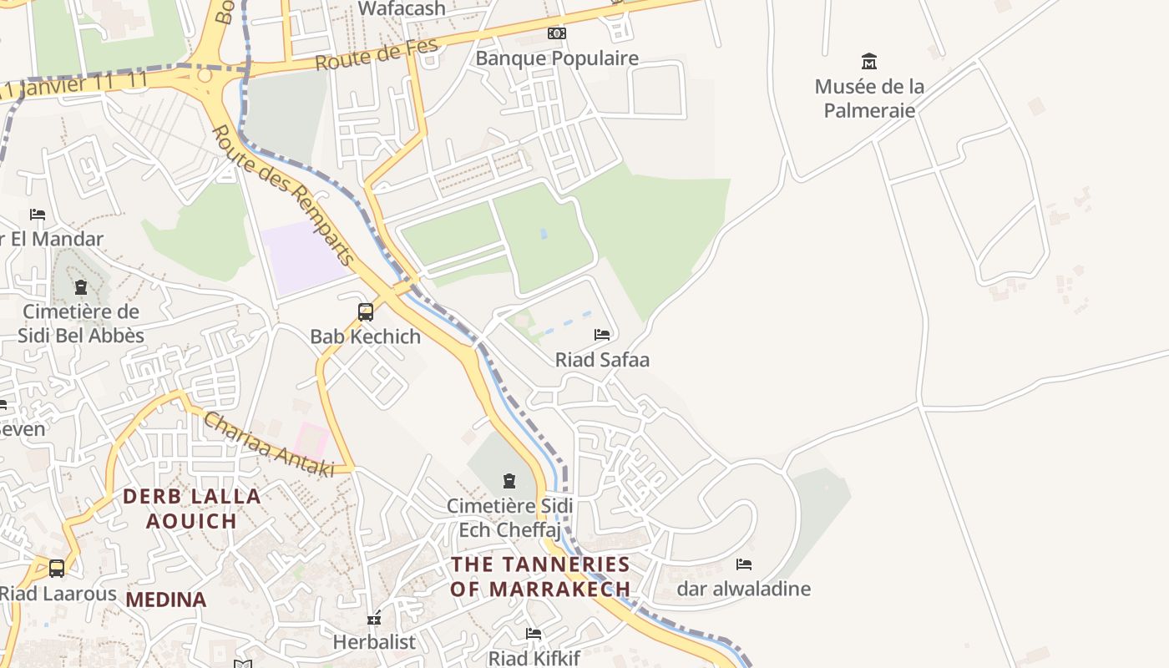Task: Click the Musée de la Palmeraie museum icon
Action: point(869,61)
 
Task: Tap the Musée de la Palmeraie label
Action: point(869,99)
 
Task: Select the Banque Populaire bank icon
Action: point(557,33)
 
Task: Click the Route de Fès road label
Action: point(377,54)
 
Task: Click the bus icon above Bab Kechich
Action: point(366,312)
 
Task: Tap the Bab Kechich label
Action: point(366,337)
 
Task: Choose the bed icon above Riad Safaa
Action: point(602,335)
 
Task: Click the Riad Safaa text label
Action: point(602,360)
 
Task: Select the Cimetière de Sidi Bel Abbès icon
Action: point(81,287)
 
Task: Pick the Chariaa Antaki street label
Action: point(268,445)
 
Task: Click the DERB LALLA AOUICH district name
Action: point(192,509)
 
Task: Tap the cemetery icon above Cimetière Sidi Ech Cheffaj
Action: point(509,481)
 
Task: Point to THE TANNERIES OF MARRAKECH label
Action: point(540,576)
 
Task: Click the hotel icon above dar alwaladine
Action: point(744,564)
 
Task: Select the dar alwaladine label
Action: point(743,589)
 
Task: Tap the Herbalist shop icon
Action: point(374,619)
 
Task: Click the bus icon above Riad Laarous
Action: point(57,569)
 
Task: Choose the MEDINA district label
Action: point(166,600)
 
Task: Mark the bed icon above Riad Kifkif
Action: point(534,634)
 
